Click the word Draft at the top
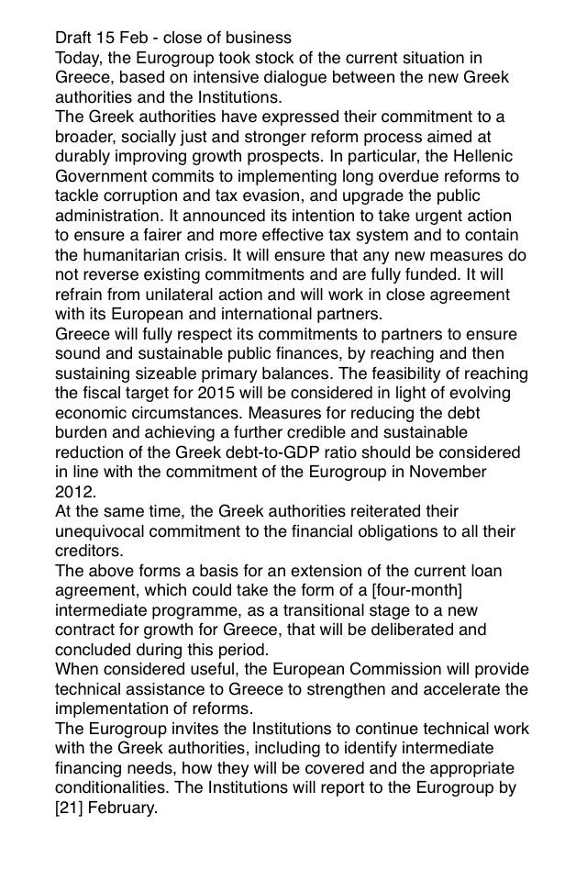(x=74, y=38)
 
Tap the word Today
(x=79, y=58)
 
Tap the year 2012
(x=73, y=491)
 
